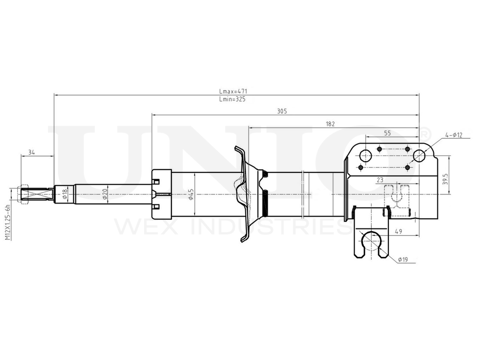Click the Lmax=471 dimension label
pyautogui.click(x=233, y=91)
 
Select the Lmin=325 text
pyautogui.click(x=232, y=99)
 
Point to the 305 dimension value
pyautogui.click(x=282, y=111)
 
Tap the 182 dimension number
pyautogui.click(x=330, y=124)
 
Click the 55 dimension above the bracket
pyautogui.click(x=387, y=133)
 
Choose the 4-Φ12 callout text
pyautogui.click(x=454, y=135)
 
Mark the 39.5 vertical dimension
pyautogui.click(x=445, y=179)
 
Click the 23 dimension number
pyautogui.click(x=380, y=180)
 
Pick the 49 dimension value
pyautogui.click(x=398, y=231)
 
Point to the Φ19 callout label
pyautogui.click(x=403, y=260)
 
